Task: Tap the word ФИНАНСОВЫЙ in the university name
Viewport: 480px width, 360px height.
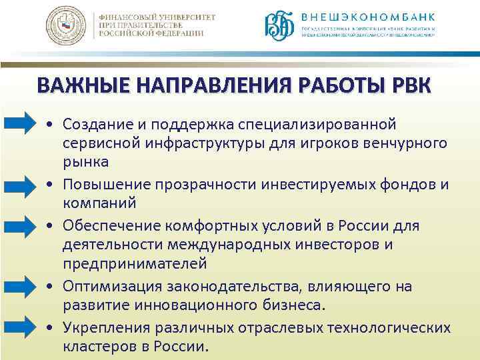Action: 136,15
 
